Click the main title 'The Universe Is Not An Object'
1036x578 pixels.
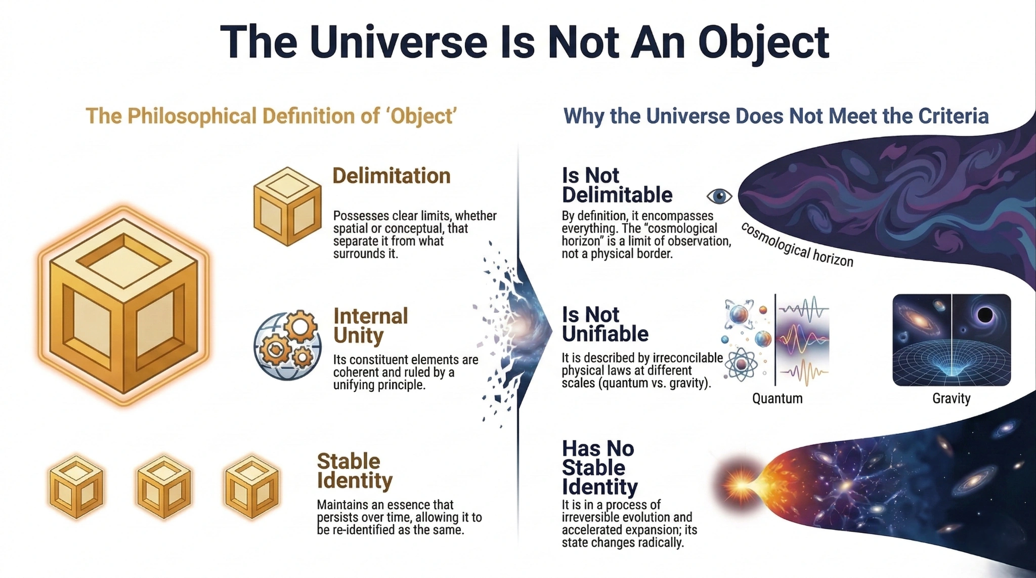click(524, 43)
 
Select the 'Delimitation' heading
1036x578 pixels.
click(391, 176)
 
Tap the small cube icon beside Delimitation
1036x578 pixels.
click(287, 206)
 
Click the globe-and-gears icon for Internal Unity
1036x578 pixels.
click(287, 345)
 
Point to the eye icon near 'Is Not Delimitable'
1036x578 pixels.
click(719, 195)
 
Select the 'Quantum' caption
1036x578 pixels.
click(777, 399)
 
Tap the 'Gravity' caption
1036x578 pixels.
click(951, 399)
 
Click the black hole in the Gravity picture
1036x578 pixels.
click(984, 315)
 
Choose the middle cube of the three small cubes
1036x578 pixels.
click(163, 486)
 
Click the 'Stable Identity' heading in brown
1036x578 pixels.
click(354, 471)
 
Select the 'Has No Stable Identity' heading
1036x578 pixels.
click(599, 468)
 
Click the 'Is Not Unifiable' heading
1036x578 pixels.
click(605, 324)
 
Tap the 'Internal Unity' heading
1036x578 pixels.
click(370, 325)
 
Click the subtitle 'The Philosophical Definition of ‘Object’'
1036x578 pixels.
click(271, 116)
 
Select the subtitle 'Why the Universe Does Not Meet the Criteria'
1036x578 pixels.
click(775, 116)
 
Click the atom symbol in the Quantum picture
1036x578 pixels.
click(741, 364)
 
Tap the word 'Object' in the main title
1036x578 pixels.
click(764, 43)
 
